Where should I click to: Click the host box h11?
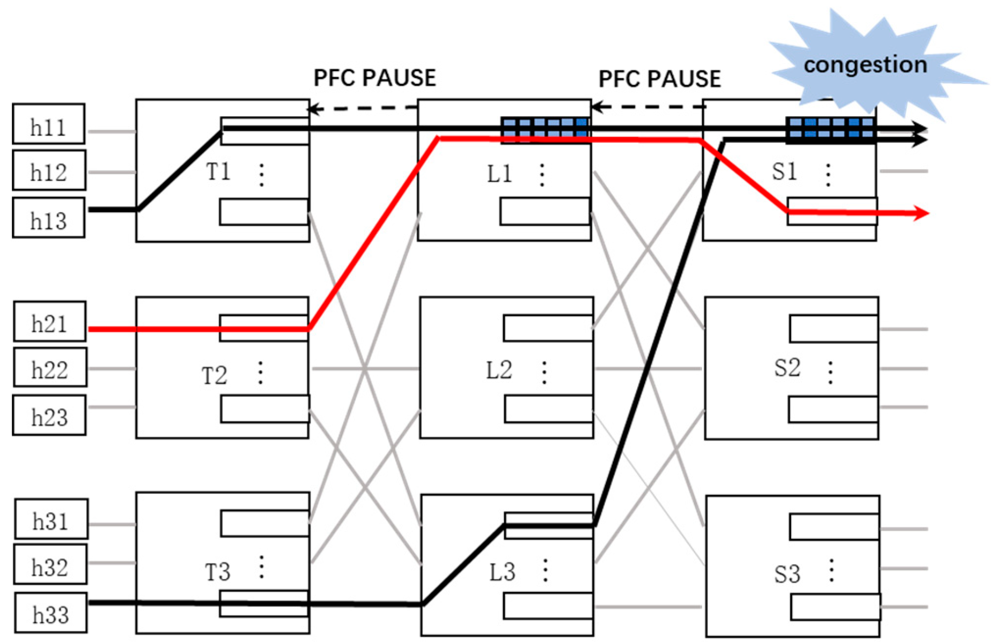(x=49, y=124)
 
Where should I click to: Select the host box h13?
(x=49, y=218)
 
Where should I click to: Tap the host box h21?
(x=49, y=321)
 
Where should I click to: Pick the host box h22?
(x=50, y=368)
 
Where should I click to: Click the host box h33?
(x=50, y=613)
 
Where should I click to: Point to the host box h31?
(x=51, y=519)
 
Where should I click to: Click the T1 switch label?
(x=218, y=172)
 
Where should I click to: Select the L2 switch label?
(x=499, y=370)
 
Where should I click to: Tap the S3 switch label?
(x=787, y=573)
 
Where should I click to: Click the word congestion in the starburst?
(x=865, y=65)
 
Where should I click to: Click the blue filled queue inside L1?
(x=545, y=129)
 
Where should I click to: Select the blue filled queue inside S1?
(x=830, y=129)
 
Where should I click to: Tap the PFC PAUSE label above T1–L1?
(x=374, y=78)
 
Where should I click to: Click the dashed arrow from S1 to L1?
(x=648, y=106)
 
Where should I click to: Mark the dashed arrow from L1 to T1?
(x=363, y=108)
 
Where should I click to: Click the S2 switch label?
(x=787, y=368)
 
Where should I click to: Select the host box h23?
(x=49, y=416)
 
